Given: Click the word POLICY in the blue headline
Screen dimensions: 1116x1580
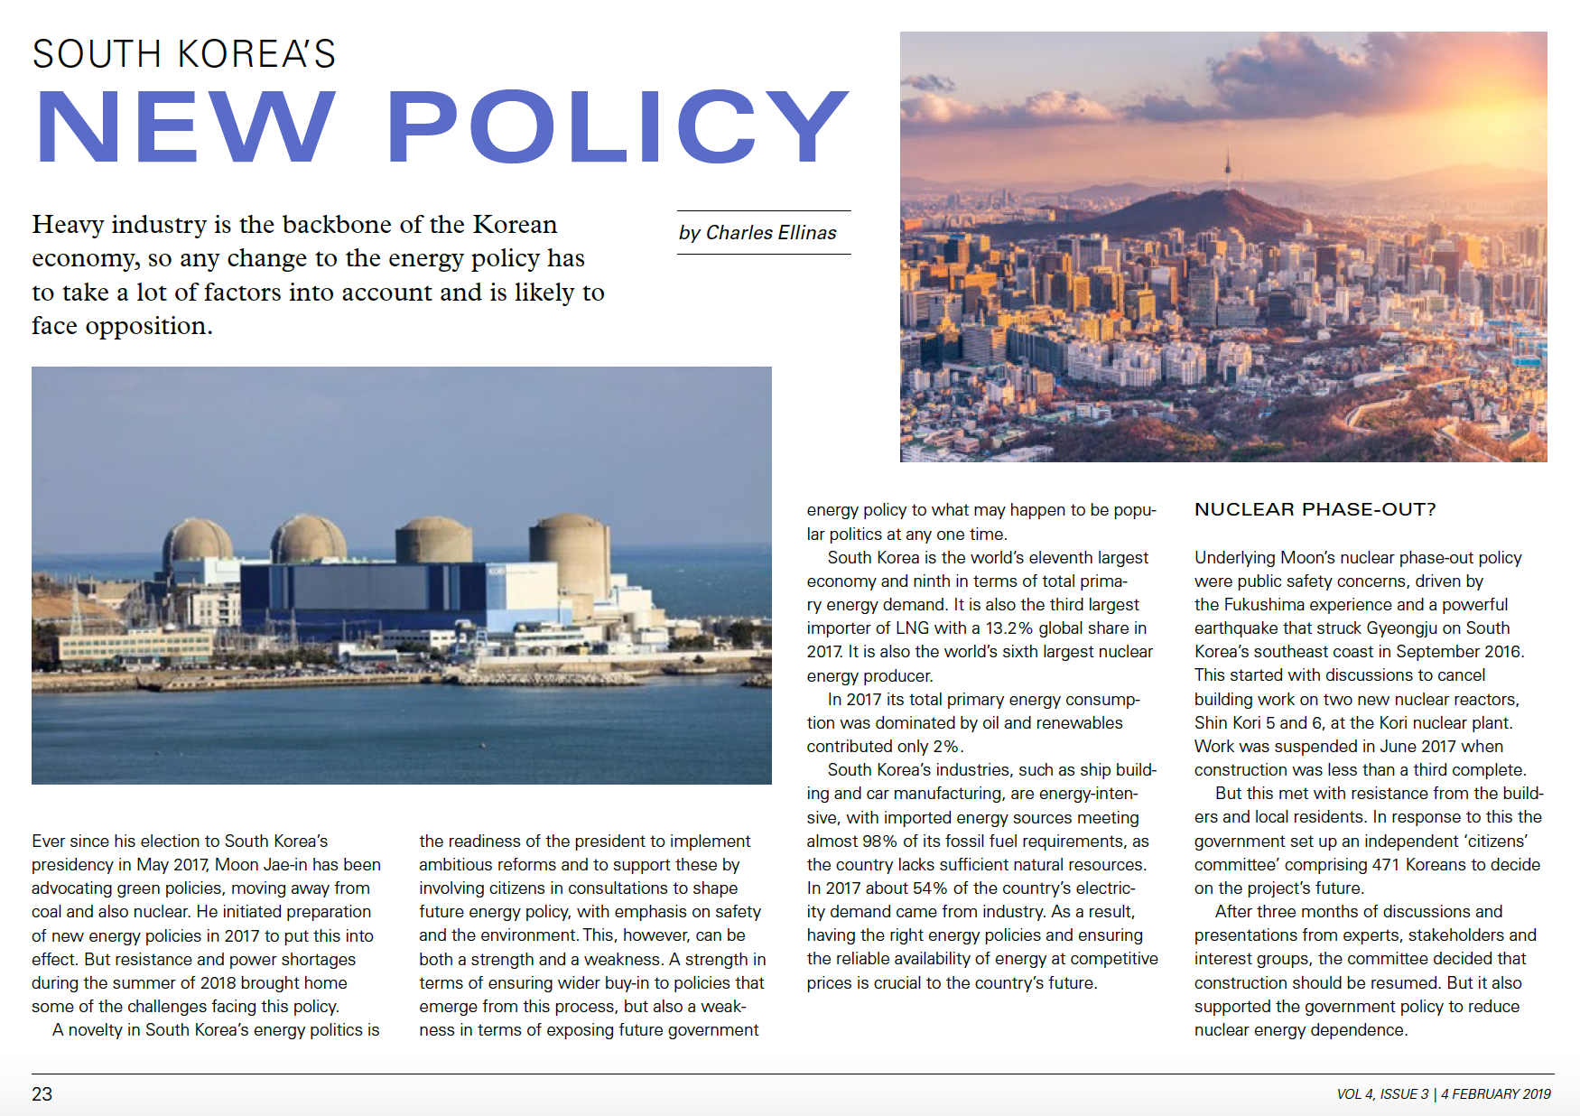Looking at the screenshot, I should click(618, 127).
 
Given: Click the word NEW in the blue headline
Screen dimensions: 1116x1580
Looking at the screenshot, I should click(185, 127).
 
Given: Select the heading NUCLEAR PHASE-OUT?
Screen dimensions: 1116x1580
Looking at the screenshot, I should click(1315, 509).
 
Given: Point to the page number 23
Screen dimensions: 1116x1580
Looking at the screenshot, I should click(42, 1094).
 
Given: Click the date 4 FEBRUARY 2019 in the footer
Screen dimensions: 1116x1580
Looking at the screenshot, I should click(1496, 1094).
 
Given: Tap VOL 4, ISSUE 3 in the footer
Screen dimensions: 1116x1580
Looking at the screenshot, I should click(1382, 1094).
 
